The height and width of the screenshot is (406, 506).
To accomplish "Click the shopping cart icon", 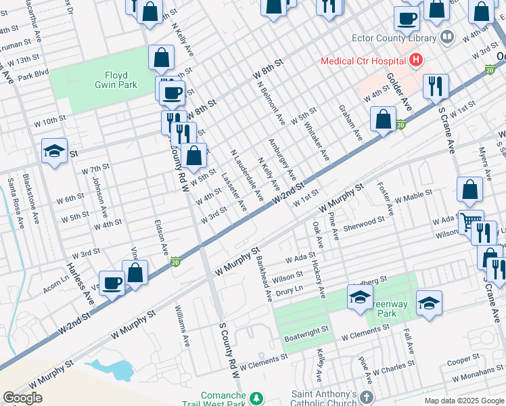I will [471, 221].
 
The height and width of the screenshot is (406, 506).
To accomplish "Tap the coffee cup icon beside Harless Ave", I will [112, 282].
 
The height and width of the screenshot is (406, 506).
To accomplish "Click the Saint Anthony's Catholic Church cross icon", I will [367, 397].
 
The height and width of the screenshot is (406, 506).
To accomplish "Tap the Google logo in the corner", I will [22, 398].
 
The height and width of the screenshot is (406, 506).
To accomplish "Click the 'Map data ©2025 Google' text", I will [463, 401].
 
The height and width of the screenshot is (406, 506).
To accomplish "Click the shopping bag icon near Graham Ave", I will [383, 119].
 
